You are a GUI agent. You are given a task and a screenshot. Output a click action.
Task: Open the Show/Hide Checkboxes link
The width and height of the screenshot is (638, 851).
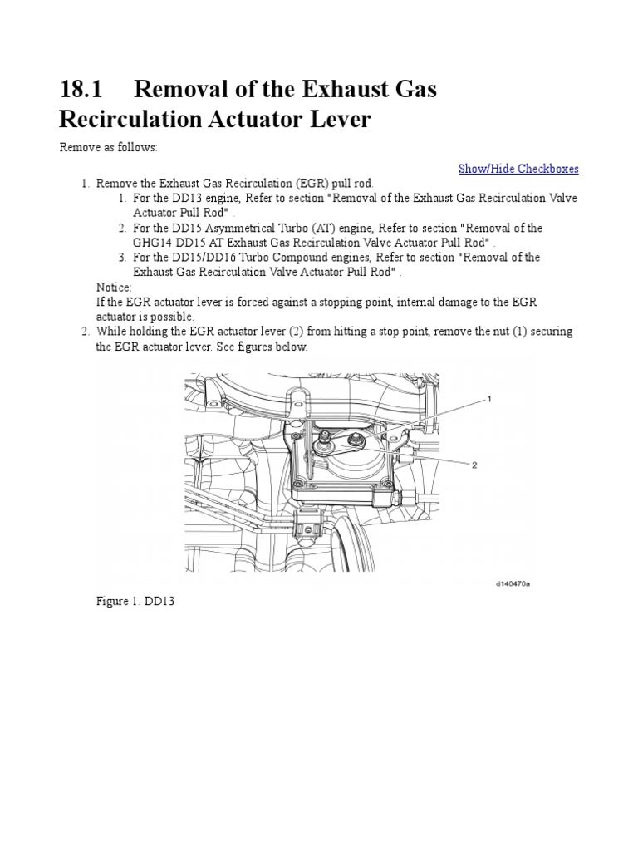pos(518,169)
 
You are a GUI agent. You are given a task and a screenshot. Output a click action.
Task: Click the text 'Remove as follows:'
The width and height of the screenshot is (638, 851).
pos(107,148)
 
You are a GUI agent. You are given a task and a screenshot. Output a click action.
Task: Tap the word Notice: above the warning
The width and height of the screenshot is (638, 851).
pos(114,287)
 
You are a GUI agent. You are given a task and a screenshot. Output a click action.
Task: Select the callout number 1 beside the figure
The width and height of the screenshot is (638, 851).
pos(489,399)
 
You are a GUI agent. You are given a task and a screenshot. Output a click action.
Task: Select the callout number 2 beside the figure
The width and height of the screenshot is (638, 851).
pos(474,465)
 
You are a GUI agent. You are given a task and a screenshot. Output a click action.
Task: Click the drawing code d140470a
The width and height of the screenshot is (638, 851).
pos(512,583)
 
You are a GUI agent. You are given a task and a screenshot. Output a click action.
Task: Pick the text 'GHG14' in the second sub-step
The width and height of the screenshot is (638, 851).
pos(151,243)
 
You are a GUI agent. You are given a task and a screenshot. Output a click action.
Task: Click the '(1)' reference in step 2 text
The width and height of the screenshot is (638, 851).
pos(500,332)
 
